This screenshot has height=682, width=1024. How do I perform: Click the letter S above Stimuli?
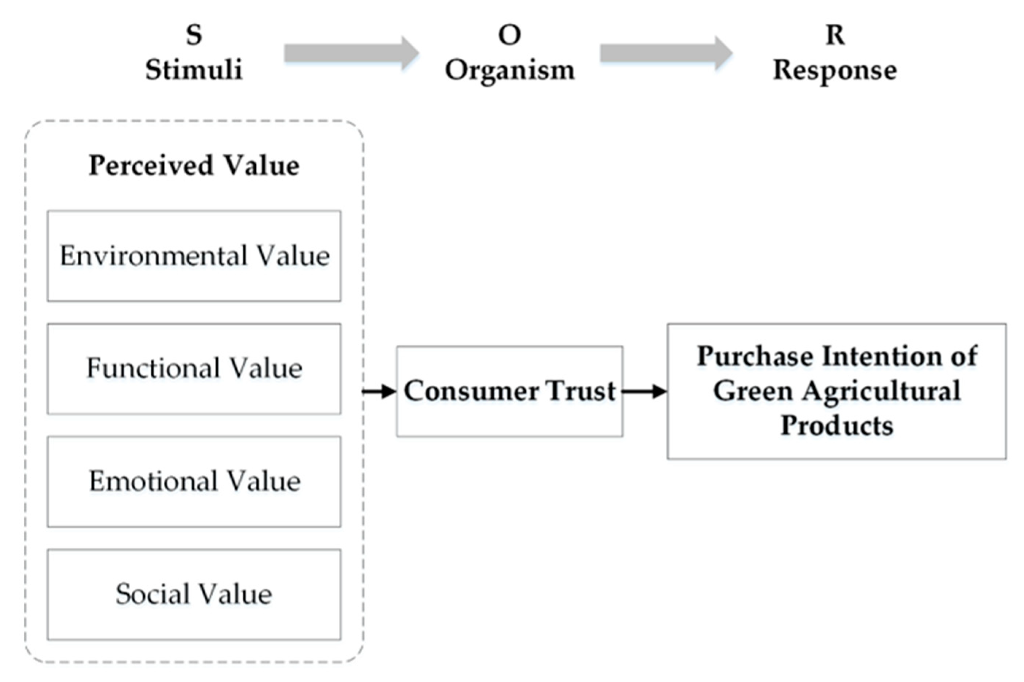point(194,35)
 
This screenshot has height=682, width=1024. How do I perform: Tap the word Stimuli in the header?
point(194,70)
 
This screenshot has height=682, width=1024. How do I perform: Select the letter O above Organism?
point(509,35)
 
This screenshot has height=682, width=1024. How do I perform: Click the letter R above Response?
point(835,35)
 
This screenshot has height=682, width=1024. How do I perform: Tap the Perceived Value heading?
point(194,166)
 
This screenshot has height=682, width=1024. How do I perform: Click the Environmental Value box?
point(194,256)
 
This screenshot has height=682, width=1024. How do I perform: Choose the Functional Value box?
point(194,369)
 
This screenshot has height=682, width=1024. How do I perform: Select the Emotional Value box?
point(194,482)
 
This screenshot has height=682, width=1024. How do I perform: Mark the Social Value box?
point(194,594)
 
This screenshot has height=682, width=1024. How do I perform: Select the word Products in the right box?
point(836,425)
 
